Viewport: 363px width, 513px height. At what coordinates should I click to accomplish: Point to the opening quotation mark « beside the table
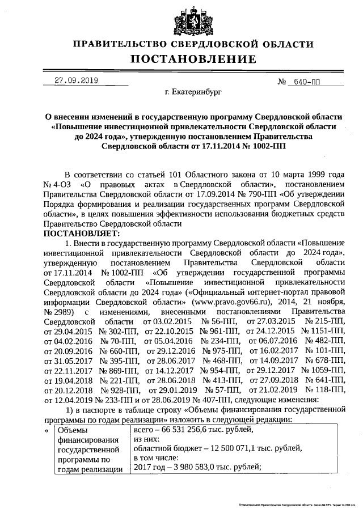[x=47, y=431]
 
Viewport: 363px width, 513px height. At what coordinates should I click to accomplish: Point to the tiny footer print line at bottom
[x=293, y=504]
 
